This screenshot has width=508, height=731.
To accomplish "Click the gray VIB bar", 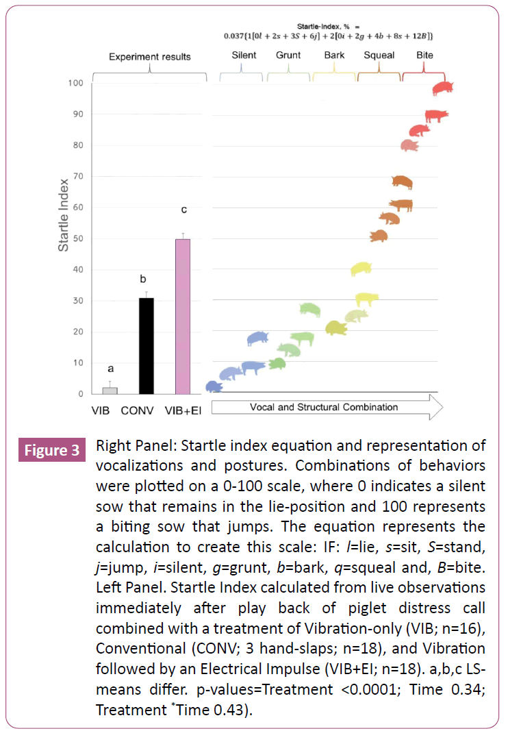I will pos(110,391).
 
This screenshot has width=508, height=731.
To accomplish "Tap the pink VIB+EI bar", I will pos(183,317).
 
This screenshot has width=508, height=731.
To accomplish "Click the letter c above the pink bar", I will pos(183,209).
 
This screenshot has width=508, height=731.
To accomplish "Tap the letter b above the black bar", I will pos(143,280).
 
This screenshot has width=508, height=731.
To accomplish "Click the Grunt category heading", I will pos(288,55).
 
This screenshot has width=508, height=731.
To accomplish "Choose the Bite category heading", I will pos(424,55).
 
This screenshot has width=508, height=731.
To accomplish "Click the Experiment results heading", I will pos(150,57).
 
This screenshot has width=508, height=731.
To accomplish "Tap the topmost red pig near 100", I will pos(444,88).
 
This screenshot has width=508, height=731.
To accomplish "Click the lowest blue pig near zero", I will pos(214,386).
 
